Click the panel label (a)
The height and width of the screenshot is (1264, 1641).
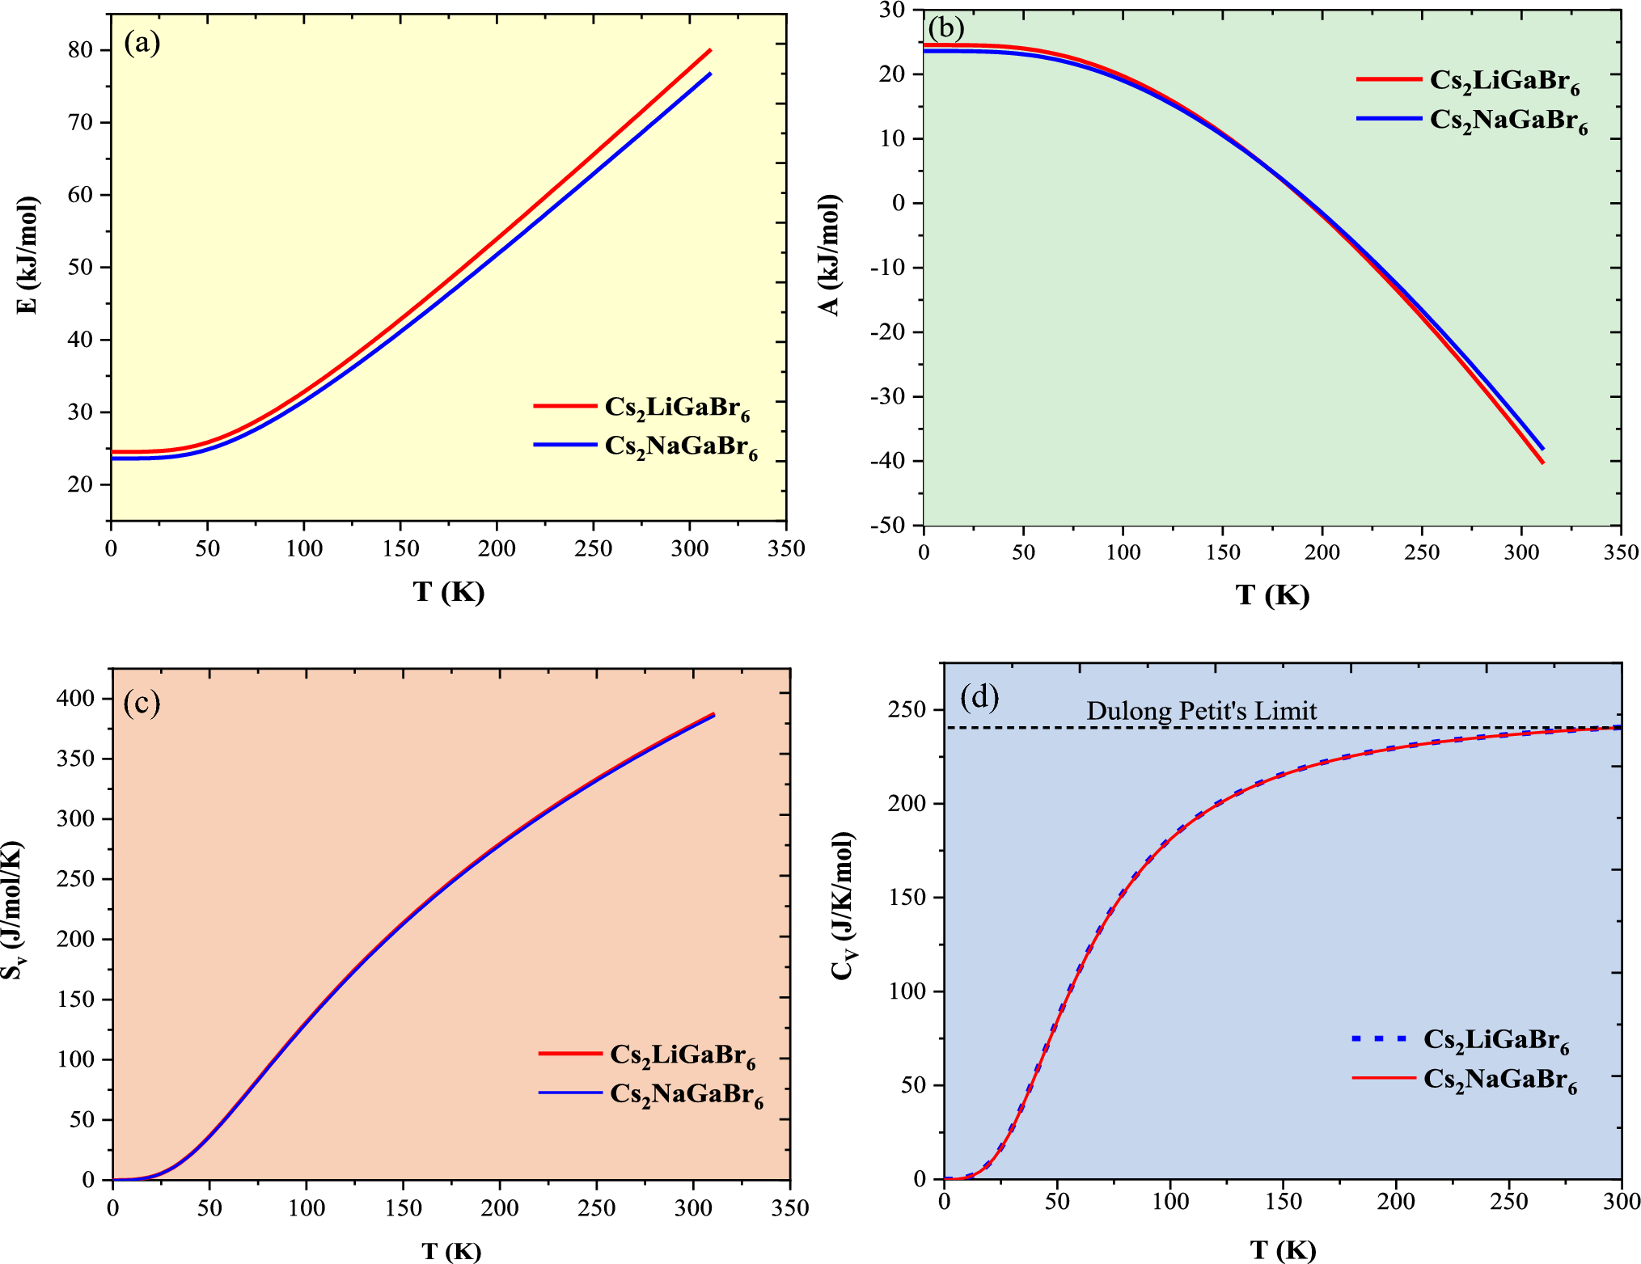pyautogui.click(x=142, y=42)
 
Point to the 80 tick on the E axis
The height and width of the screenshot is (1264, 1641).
pyautogui.click(x=80, y=50)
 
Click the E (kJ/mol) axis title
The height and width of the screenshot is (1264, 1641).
pyautogui.click(x=27, y=255)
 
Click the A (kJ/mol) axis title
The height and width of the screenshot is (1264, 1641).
pyautogui.click(x=829, y=255)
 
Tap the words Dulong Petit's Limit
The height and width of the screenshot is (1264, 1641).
pyautogui.click(x=1201, y=711)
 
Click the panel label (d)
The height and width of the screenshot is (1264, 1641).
pyautogui.click(x=979, y=696)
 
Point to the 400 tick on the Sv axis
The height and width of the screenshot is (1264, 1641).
pyautogui.click(x=75, y=698)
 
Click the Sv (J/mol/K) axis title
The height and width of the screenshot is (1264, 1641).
pyautogui.click(x=11, y=910)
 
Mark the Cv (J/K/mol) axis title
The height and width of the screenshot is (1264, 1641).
pyautogui.click(x=843, y=906)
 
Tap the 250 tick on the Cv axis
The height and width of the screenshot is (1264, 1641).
pyautogui.click(x=907, y=710)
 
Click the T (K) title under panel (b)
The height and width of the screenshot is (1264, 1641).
pyautogui.click(x=1271, y=595)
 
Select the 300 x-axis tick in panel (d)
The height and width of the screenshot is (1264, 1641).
pyautogui.click(x=1620, y=1202)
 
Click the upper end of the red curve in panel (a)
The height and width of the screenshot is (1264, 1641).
pyautogui.click(x=709, y=50)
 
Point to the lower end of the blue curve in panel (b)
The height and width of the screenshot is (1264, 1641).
pyautogui.click(x=1542, y=448)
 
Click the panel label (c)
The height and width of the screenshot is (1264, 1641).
pyautogui.click(x=142, y=703)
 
